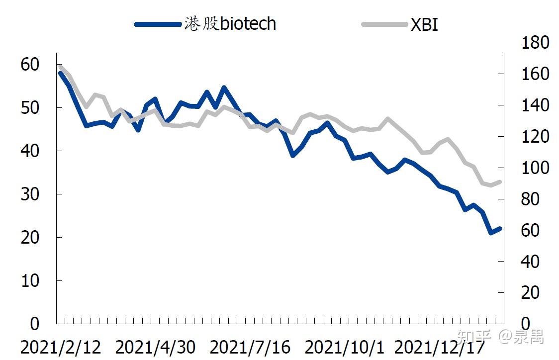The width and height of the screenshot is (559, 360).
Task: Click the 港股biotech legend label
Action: [x=230, y=24]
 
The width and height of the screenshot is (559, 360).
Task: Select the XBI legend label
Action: [x=424, y=24]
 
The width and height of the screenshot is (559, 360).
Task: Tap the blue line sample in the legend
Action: [x=158, y=24]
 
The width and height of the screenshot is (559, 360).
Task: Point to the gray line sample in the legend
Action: [x=384, y=24]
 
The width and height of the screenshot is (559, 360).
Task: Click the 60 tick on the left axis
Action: [x=29, y=65]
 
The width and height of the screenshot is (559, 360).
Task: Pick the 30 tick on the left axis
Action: [x=29, y=194]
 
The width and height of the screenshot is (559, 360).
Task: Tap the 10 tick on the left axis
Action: [x=29, y=281]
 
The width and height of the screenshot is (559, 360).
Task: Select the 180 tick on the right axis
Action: [x=535, y=42]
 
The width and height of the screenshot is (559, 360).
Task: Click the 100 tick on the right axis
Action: [x=535, y=168]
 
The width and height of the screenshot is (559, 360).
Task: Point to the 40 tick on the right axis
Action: [x=530, y=262]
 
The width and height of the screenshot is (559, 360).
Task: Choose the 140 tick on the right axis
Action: [x=535, y=105]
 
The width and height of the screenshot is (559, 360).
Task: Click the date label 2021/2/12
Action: [x=61, y=347]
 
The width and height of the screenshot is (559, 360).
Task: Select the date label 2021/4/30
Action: [x=155, y=347]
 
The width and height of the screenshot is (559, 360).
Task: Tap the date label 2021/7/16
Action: [x=250, y=347]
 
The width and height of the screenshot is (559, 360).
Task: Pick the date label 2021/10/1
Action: [x=344, y=347]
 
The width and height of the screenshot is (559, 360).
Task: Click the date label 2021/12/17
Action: [x=440, y=347]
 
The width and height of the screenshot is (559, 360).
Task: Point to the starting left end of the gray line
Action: [x=60, y=67]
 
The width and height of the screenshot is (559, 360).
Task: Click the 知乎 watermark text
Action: [x=474, y=336]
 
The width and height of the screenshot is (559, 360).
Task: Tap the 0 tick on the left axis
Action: [x=35, y=324]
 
